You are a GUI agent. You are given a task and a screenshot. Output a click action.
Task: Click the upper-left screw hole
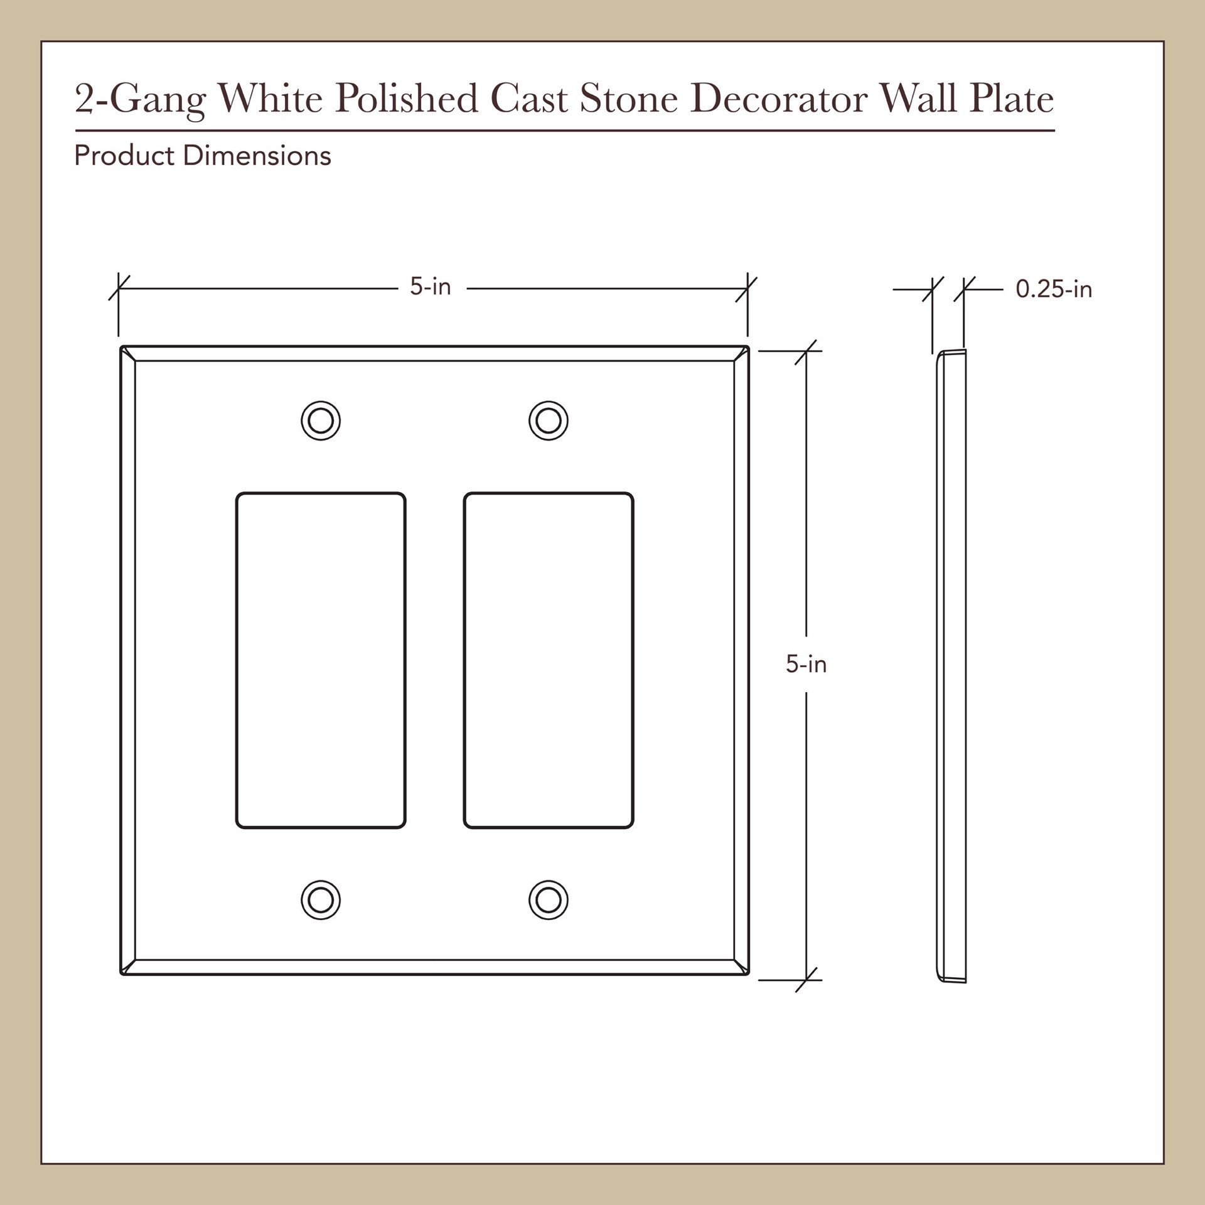(321, 420)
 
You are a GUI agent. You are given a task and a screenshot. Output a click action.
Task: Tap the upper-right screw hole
(549, 420)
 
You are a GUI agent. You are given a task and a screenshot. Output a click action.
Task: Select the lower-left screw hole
(321, 900)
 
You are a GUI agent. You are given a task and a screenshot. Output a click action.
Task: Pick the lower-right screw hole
(549, 900)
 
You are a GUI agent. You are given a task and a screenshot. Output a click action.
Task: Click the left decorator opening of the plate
(321, 660)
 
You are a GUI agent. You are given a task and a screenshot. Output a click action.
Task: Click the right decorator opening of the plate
(549, 660)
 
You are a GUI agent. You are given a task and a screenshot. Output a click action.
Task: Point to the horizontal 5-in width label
(431, 287)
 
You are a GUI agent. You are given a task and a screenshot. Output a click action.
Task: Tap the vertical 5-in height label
(806, 664)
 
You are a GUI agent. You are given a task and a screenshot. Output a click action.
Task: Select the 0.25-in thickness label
(1054, 289)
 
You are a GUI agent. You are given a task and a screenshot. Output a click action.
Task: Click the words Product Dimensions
(202, 156)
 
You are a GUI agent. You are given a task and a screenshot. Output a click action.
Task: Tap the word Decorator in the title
(778, 99)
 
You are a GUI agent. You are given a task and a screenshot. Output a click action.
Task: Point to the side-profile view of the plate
(951, 665)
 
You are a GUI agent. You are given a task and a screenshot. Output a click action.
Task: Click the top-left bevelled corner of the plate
(128, 354)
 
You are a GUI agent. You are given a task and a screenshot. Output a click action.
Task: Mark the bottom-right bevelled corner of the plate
(741, 967)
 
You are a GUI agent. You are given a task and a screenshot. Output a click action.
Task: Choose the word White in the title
(270, 99)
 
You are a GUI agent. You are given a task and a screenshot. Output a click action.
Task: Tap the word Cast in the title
(529, 99)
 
